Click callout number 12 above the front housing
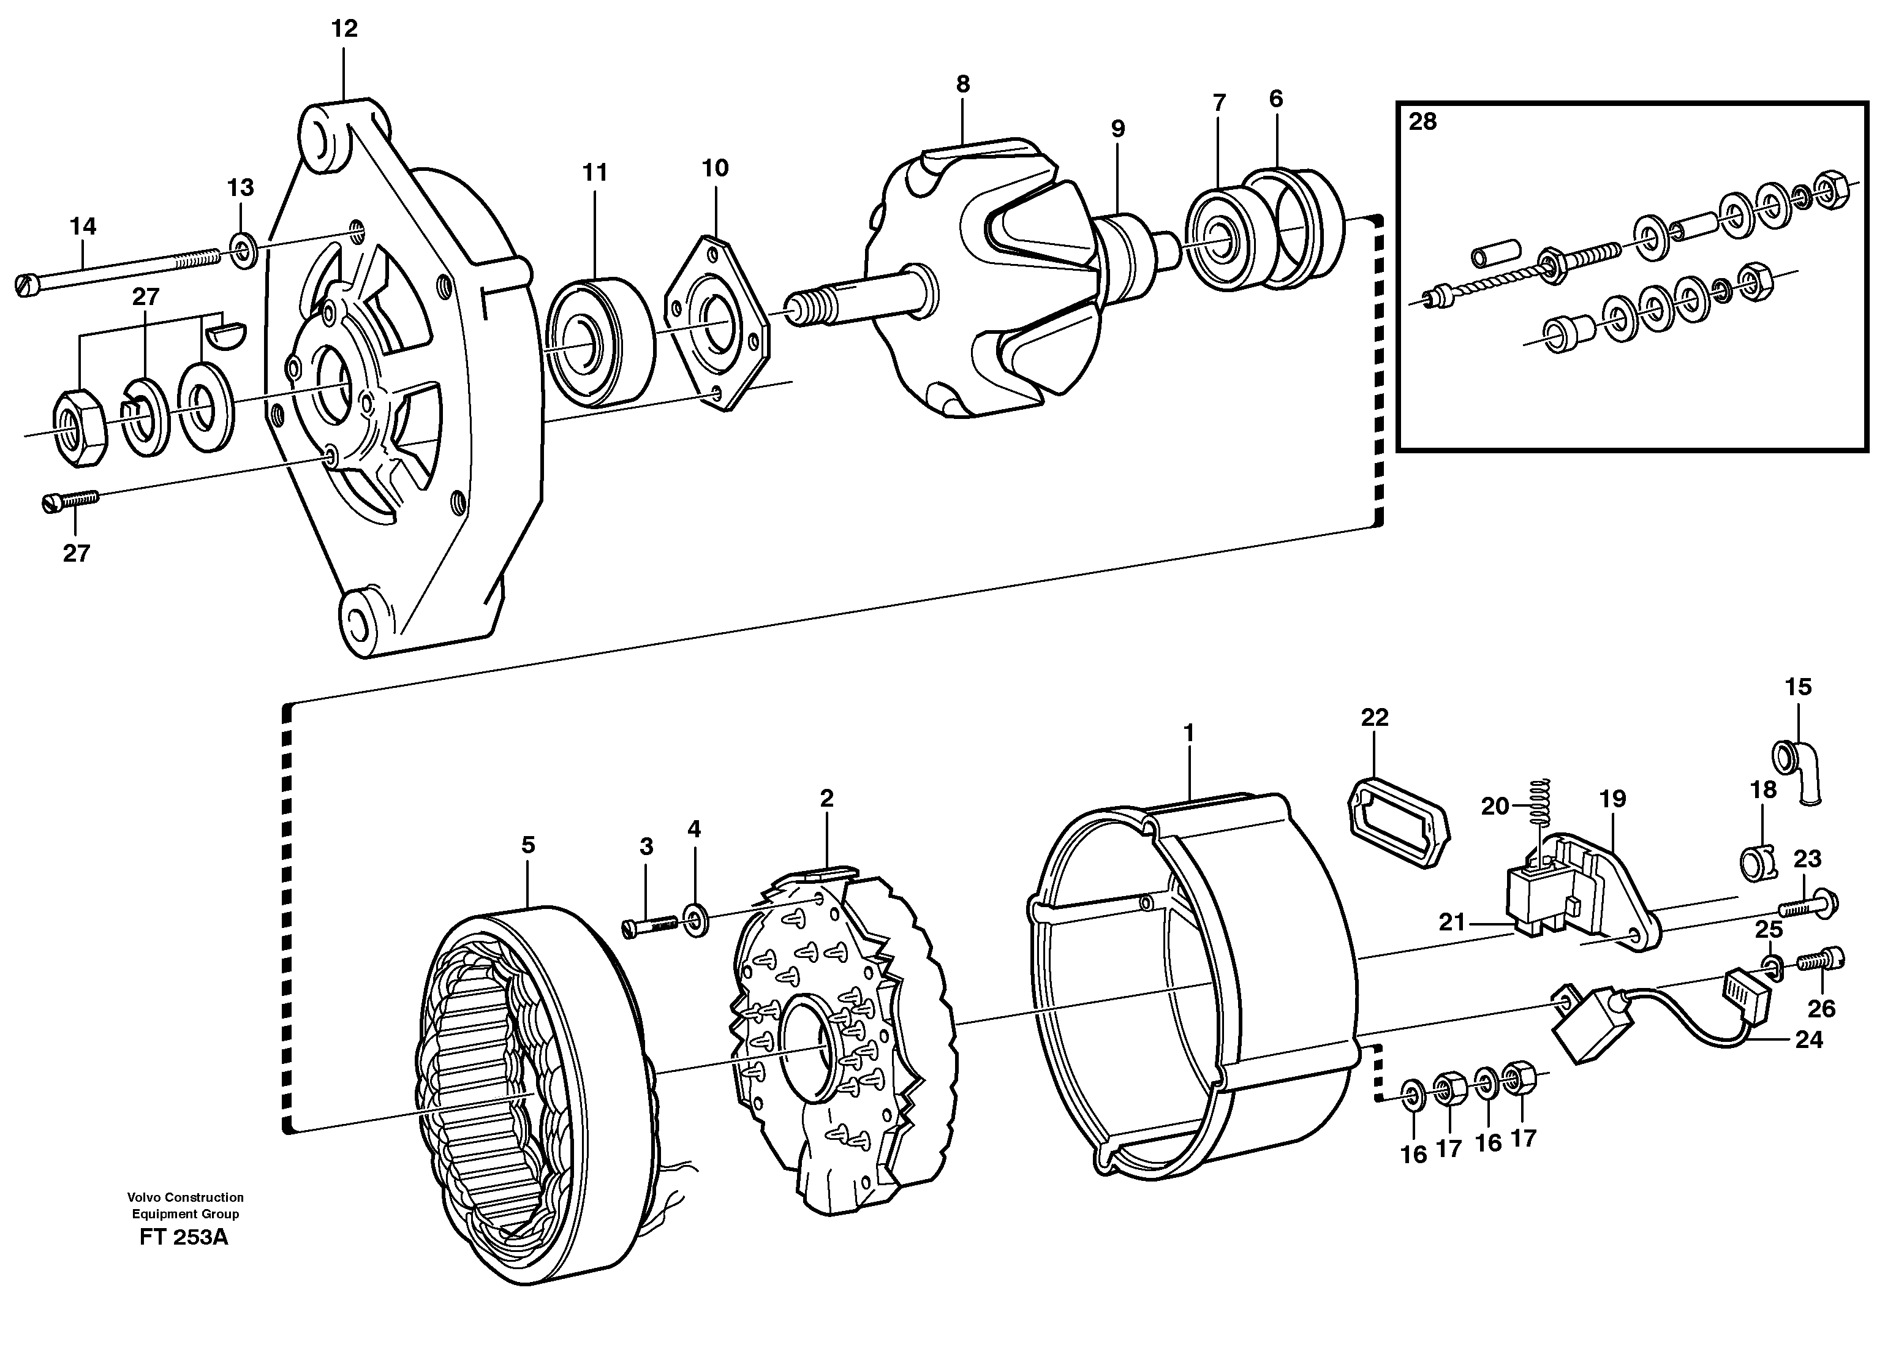[x=344, y=29]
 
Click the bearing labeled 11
[x=600, y=343]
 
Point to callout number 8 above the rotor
[x=962, y=84]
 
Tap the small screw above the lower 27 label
[x=70, y=500]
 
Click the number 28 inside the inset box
[x=1422, y=122]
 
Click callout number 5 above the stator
[x=528, y=846]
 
